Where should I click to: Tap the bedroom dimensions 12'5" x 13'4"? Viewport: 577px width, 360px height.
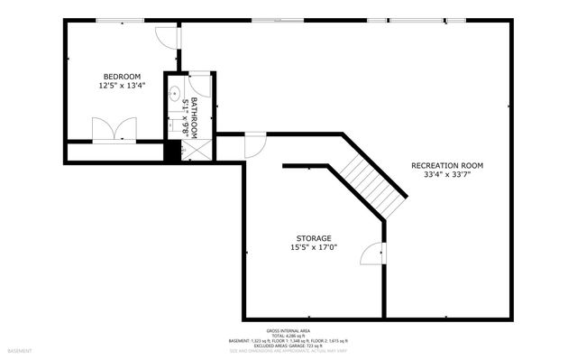122,86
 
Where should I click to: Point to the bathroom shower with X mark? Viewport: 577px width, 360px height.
195,149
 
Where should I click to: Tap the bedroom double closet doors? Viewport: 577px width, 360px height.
114,130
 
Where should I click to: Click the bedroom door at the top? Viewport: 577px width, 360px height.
166,36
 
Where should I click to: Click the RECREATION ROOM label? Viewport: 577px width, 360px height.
447,165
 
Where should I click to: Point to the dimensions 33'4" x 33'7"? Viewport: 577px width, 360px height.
447,175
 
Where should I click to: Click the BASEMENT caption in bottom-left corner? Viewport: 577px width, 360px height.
20,350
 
